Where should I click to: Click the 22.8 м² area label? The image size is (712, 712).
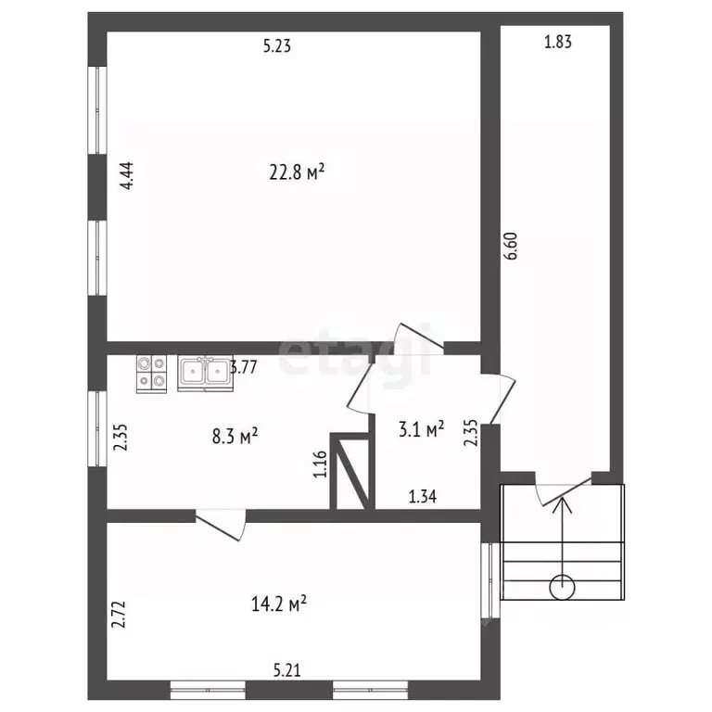click(297, 172)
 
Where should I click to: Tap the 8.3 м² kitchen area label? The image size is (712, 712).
click(235, 437)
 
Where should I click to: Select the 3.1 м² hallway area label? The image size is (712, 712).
click(421, 429)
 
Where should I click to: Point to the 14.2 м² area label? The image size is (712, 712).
click(279, 604)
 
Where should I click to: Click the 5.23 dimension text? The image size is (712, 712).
click(277, 45)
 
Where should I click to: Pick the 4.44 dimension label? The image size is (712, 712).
click(126, 175)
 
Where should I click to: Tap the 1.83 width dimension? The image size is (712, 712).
click(558, 42)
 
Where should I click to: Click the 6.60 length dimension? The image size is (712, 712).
click(511, 246)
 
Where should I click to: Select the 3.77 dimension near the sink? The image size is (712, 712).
click(244, 367)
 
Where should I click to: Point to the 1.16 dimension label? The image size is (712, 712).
click(320, 464)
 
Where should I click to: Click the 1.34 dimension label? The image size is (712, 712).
click(423, 497)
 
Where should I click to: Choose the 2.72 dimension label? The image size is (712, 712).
click(119, 615)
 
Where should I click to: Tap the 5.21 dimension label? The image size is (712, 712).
click(287, 670)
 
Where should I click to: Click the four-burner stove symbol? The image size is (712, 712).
click(152, 375)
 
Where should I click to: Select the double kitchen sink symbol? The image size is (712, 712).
click(205, 374)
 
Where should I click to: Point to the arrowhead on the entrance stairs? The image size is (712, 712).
click(562, 504)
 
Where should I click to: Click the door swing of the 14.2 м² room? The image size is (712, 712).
click(222, 526)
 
